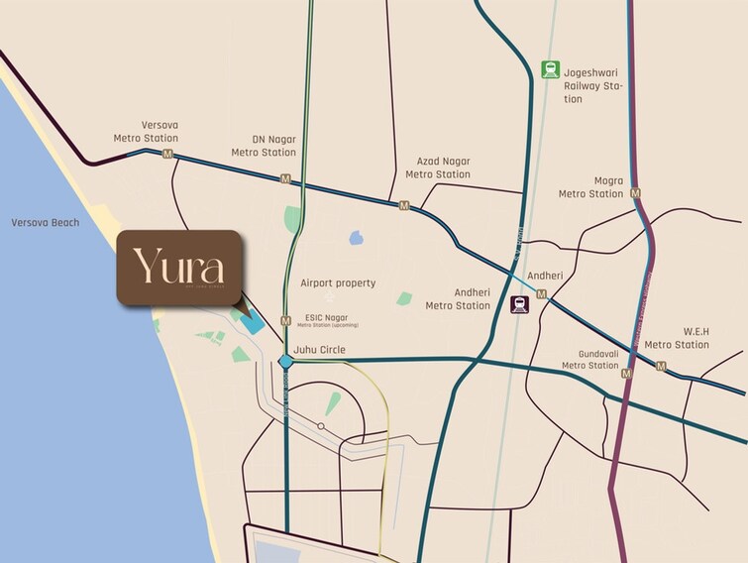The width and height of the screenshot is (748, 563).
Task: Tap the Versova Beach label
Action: (45, 223)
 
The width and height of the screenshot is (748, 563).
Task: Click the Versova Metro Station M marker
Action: (167, 156)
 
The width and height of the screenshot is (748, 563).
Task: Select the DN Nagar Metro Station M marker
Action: (285, 179)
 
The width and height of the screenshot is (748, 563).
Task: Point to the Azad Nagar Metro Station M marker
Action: (403, 205)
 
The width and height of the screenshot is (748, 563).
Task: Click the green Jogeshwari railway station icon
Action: (550, 68)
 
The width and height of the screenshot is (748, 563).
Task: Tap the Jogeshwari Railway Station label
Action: (593, 85)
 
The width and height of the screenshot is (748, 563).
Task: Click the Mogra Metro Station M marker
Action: (635, 193)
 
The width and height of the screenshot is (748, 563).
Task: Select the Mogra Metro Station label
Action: (591, 187)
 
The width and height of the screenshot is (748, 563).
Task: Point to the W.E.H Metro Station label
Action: (677, 338)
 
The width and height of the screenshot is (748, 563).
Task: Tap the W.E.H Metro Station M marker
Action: (661, 367)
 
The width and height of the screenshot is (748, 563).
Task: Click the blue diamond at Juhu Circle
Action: (285, 361)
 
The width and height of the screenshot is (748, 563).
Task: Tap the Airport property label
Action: (338, 283)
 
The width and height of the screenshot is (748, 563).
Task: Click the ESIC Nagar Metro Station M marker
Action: (285, 320)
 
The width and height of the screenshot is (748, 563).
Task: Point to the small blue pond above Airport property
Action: (355, 238)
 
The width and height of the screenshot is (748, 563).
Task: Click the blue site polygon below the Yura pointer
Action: (252, 323)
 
